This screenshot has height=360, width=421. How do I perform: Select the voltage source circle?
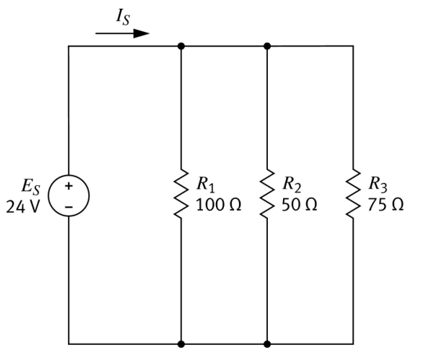tap(69, 195)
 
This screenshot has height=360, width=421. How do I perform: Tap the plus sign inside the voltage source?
tap(69, 186)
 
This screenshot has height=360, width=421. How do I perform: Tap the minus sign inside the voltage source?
tap(69, 205)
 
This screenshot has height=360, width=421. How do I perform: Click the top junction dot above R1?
tap(181, 46)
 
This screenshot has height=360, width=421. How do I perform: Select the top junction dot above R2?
tap(267, 46)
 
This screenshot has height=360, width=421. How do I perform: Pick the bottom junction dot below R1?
tap(181, 344)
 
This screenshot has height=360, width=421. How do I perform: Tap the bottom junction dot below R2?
tap(267, 344)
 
